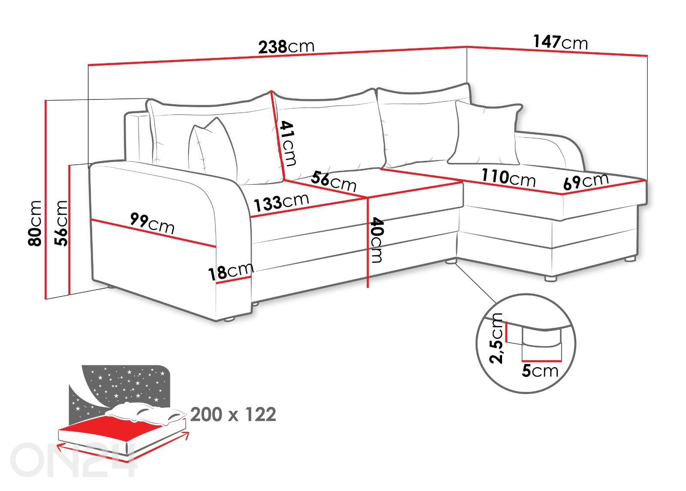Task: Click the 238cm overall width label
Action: pos(286,46)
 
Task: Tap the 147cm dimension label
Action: pos(560,42)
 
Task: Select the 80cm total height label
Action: pos(35,223)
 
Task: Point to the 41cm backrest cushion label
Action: pos(288,143)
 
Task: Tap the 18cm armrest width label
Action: pos(230,271)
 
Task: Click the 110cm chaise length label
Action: pos(508,177)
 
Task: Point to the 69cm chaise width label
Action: pos(586,181)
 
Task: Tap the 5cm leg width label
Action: pos(540,371)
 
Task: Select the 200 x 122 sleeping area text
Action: pos(233,415)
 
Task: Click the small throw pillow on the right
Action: pos(485,133)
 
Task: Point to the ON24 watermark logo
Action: pos(73,460)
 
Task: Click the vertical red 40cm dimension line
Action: pos(367,242)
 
